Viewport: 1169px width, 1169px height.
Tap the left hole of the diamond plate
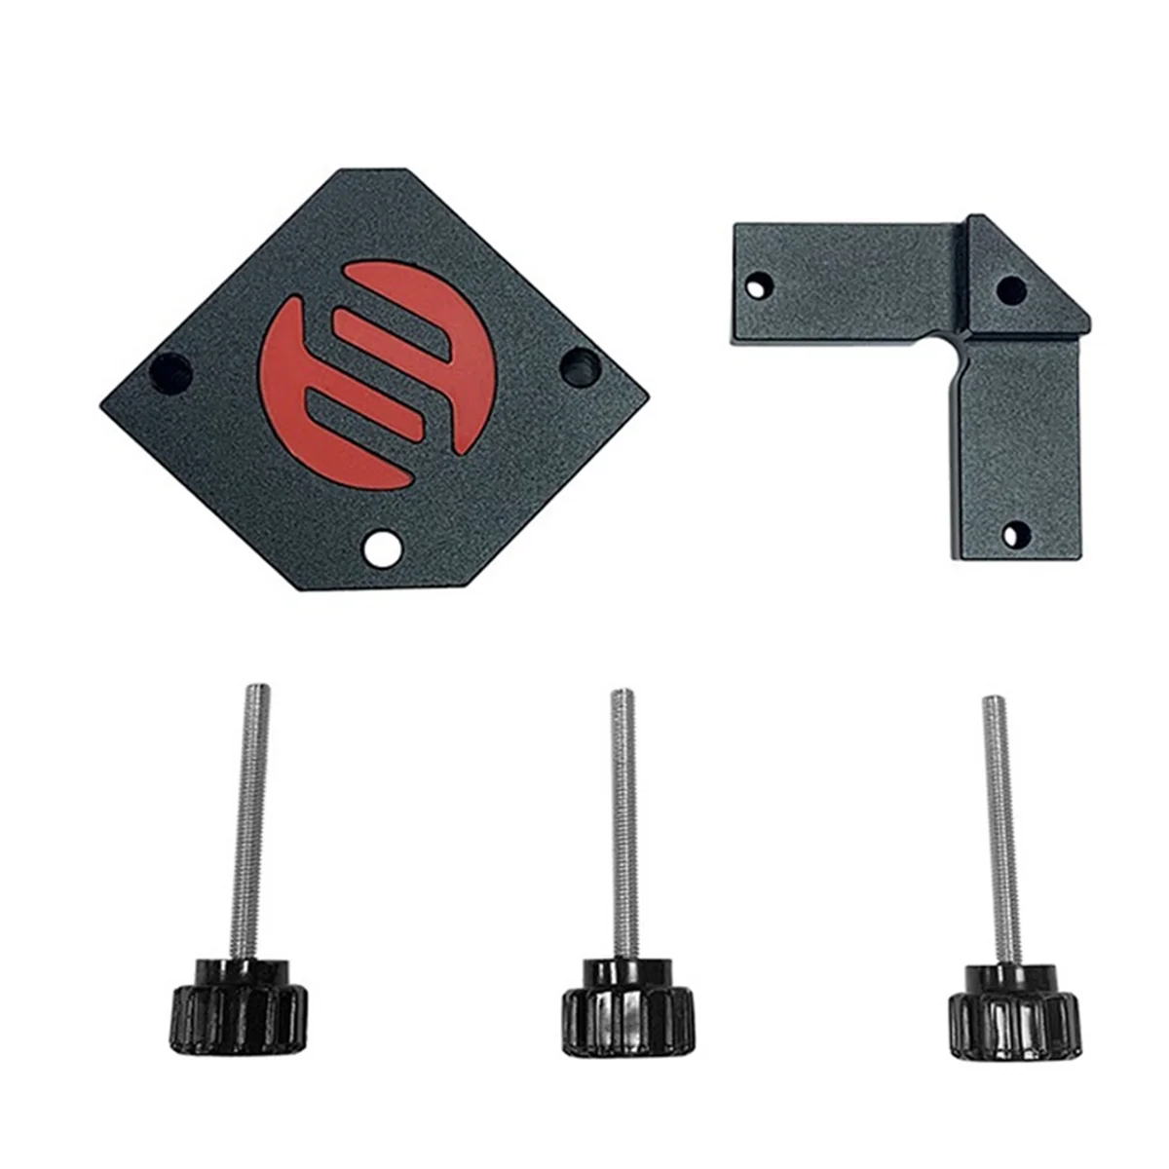[x=168, y=371]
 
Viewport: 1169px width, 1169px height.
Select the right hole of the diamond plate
[x=581, y=365]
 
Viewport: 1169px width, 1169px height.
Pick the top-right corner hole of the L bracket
[x=1013, y=289]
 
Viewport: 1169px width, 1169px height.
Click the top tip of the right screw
[x=991, y=699]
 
